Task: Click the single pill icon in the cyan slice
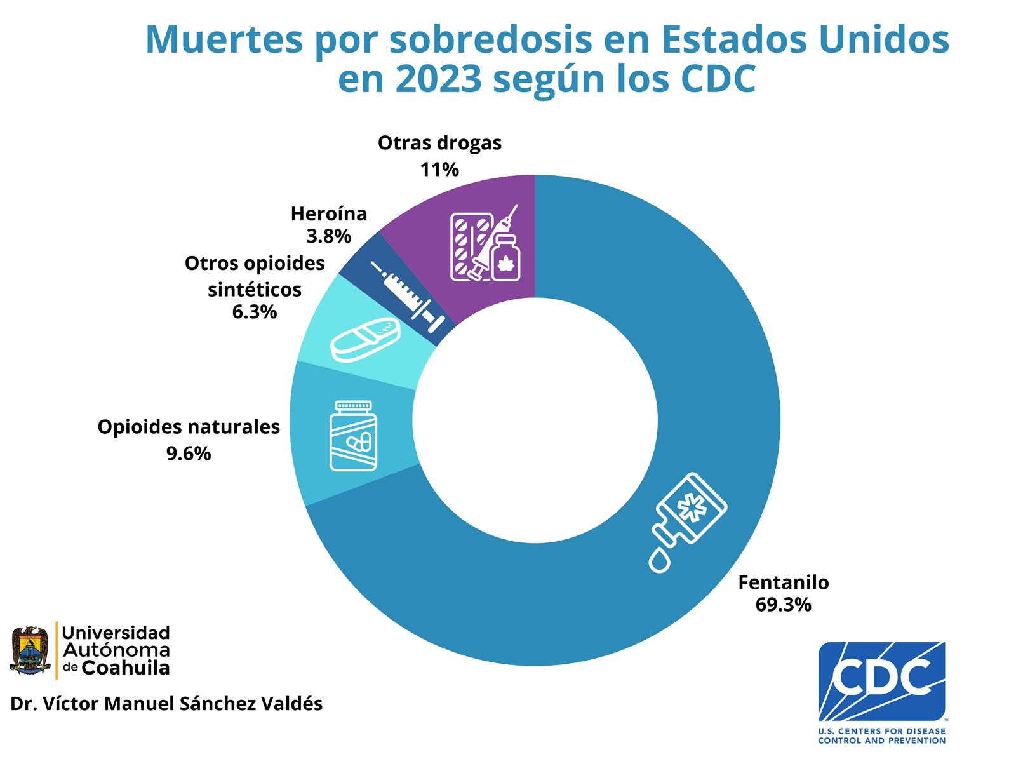point(365,339)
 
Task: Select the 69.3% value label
point(783,605)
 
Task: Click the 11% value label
point(439,170)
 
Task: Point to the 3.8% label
point(328,236)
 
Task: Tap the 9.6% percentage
point(188,454)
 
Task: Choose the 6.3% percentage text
point(254,312)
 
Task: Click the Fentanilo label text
point(783,582)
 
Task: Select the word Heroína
point(328,214)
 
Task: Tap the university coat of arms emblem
point(30,650)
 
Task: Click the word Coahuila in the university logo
point(126,668)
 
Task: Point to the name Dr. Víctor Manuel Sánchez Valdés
point(166,704)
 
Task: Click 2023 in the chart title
point(438,79)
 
